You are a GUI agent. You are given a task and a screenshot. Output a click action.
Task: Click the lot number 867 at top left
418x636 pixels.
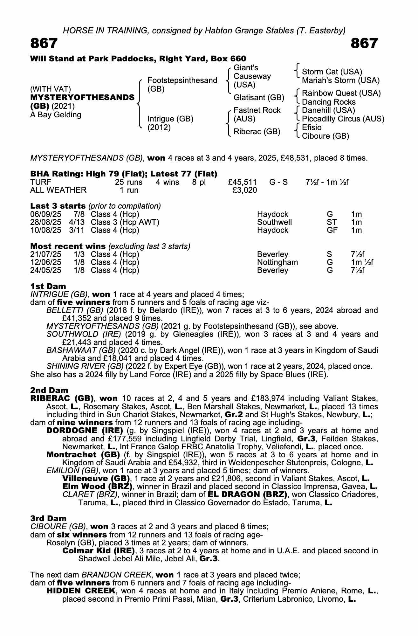44,43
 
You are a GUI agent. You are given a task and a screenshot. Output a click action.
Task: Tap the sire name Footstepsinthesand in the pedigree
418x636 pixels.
182,80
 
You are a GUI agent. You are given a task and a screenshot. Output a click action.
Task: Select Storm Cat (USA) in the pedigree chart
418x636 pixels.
332,72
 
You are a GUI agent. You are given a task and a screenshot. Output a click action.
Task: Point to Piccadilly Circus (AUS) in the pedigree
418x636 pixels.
343,119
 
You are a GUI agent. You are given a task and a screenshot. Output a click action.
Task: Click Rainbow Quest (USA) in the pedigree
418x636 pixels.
341,93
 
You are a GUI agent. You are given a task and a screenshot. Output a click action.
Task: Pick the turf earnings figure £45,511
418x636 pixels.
243,182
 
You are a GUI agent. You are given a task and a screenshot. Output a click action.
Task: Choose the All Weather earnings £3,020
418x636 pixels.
245,190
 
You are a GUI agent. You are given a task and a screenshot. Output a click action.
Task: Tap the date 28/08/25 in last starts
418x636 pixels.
45,222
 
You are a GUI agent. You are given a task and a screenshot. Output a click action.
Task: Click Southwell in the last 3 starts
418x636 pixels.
274,222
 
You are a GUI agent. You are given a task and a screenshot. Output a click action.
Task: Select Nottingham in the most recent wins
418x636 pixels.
278,262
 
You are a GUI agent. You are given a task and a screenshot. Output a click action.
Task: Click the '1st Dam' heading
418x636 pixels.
48,286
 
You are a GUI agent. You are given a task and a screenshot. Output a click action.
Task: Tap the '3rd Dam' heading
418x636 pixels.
48,519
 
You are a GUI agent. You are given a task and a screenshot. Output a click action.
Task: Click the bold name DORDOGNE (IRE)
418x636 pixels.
85,431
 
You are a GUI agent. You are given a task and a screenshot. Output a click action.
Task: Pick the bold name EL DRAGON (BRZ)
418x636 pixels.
247,494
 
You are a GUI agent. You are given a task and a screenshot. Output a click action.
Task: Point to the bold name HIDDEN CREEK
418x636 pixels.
81,591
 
